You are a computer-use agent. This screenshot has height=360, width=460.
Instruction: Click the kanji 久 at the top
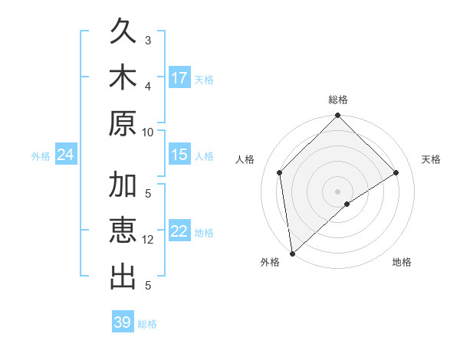tap(123, 31)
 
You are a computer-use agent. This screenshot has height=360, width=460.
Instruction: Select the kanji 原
tap(123, 123)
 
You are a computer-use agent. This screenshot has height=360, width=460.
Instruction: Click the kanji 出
tap(123, 277)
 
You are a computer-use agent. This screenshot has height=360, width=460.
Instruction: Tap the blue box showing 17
tap(179, 78)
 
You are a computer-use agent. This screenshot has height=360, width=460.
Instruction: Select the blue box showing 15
tap(179, 155)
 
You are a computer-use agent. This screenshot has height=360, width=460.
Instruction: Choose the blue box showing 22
tap(179, 232)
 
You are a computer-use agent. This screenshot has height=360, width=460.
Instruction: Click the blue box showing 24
tap(66, 155)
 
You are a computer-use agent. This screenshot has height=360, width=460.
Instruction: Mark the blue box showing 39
tap(123, 322)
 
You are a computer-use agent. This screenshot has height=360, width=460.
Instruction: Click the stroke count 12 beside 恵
tap(148, 239)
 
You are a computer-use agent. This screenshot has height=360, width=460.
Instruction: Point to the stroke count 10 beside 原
tap(148, 131)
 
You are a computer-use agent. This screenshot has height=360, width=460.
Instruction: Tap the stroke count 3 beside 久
tap(148, 40)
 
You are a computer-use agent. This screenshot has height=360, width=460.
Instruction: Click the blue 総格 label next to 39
tap(147, 324)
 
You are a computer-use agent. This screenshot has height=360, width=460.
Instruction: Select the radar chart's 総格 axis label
tap(338, 100)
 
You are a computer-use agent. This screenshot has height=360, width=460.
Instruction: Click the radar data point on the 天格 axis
tap(396, 172)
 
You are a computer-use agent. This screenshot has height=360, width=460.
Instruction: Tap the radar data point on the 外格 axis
tap(292, 253)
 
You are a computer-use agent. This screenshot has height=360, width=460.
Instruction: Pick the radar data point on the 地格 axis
tap(347, 204)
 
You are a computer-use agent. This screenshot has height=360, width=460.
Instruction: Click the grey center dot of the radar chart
tap(338, 191)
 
